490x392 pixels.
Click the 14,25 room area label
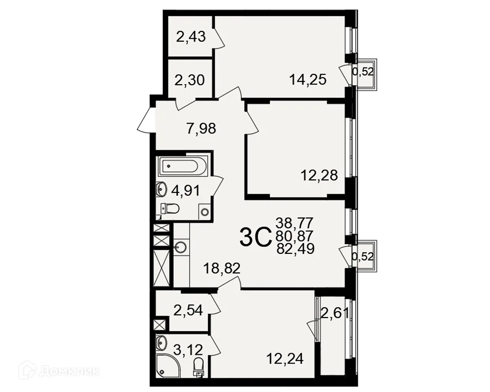[x=308, y=79]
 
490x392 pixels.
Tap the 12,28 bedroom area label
[x=319, y=175]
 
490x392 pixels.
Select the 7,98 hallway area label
[x=201, y=128]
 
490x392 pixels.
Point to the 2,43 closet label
[x=191, y=37]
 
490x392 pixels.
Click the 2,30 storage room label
[x=190, y=80]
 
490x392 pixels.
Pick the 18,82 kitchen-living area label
[x=221, y=269]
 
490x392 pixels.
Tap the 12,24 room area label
[x=285, y=359]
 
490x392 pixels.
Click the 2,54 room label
[x=188, y=310]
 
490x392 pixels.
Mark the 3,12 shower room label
[x=188, y=349]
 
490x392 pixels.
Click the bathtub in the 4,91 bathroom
[x=182, y=166]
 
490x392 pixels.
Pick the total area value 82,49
[x=295, y=249]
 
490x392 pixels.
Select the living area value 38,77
[x=294, y=223]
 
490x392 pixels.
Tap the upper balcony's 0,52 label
[x=363, y=72]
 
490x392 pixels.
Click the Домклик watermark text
[x=70, y=371]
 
